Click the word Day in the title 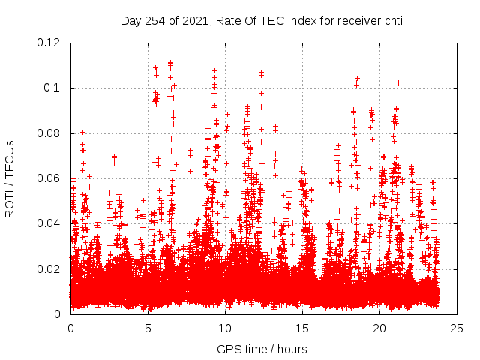point(130,20)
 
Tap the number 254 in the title point(154,20)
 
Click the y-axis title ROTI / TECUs point(10,178)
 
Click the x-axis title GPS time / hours point(262,349)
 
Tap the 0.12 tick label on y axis point(51,43)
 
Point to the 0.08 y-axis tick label point(51,133)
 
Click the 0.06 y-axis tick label point(51,178)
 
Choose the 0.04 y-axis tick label point(51,223)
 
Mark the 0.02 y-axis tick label point(51,268)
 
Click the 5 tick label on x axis point(148,328)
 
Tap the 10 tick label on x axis point(225,328)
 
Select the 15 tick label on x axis point(302,328)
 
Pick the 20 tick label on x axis point(379,328)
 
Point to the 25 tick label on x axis point(457,328)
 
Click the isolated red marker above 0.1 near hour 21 point(398,82)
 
